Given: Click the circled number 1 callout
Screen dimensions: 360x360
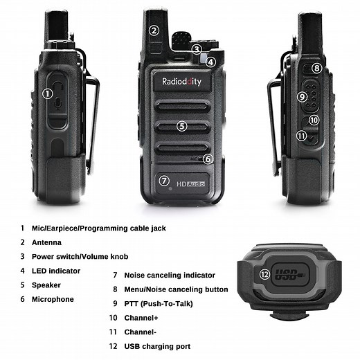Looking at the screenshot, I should [x=48, y=93].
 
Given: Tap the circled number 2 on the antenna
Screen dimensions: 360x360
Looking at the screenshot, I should [x=154, y=30].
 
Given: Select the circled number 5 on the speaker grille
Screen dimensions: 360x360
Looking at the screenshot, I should [x=181, y=126].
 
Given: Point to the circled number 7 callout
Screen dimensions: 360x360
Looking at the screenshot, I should [x=164, y=181].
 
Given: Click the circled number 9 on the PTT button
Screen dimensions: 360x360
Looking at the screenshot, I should [x=302, y=96].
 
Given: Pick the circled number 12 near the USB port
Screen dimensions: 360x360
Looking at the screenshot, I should [x=264, y=274].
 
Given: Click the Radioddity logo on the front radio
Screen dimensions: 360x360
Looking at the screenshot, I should [x=181, y=81].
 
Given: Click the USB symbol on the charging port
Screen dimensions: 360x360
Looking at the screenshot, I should [x=291, y=275].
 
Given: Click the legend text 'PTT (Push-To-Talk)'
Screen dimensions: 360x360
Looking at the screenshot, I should [x=158, y=303].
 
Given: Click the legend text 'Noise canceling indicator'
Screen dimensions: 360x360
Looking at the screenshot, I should [x=170, y=275].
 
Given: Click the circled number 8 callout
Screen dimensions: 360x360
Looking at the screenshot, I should [x=316, y=68].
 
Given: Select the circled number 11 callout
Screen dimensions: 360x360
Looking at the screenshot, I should [x=301, y=136].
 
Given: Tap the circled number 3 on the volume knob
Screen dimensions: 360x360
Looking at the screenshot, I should [x=197, y=49].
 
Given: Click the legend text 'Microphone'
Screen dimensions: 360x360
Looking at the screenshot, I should [x=53, y=299].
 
